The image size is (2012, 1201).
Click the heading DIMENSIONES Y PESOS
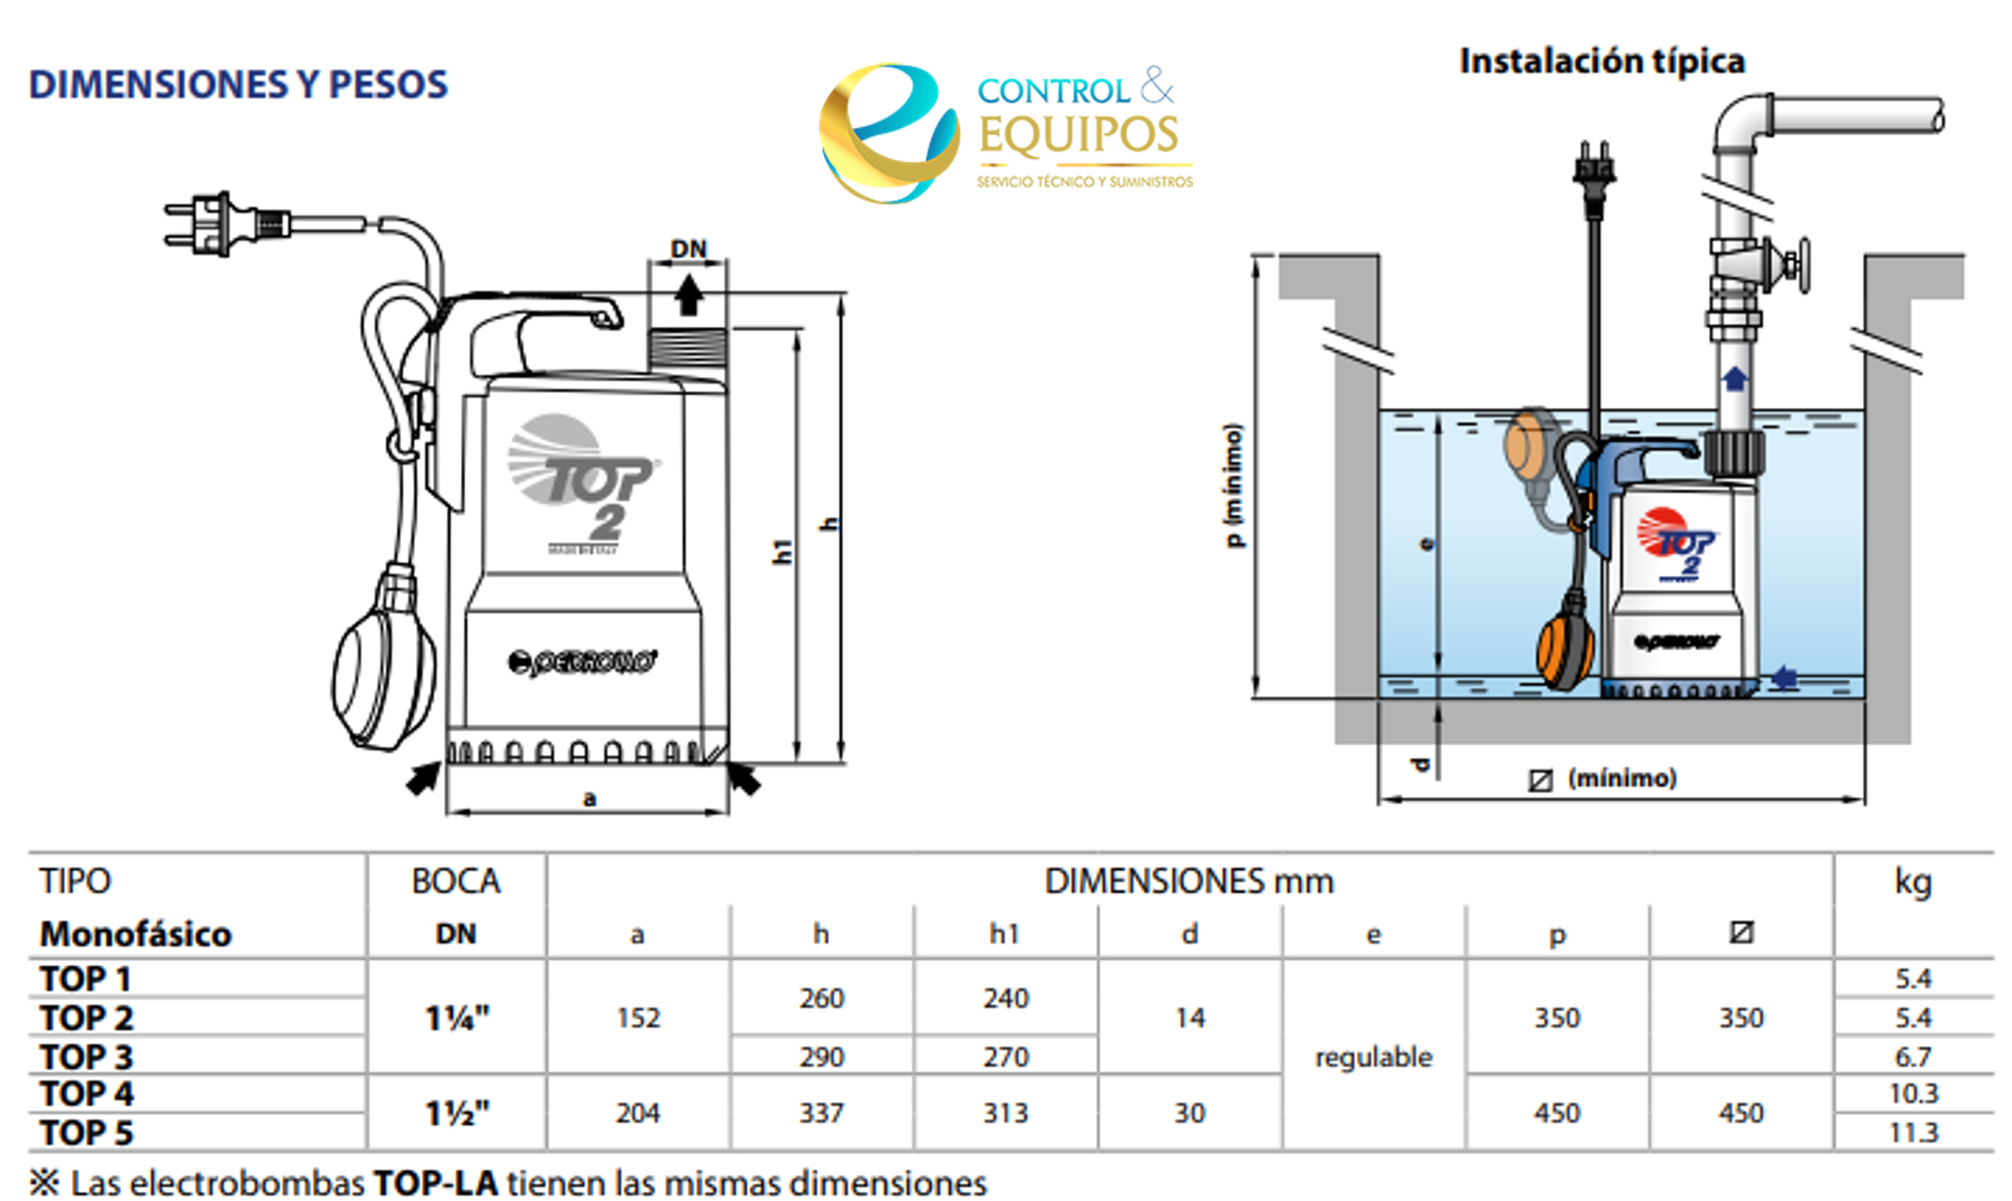point(238,85)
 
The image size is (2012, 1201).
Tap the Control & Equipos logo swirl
point(888,134)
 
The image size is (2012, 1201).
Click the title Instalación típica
point(1602,61)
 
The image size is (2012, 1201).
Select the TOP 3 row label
point(86,1056)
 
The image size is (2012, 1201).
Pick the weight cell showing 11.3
point(1913,1132)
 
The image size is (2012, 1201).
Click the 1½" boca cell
point(457,1112)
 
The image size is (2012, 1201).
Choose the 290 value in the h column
point(821,1056)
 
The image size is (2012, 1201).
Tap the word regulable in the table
point(1373,1056)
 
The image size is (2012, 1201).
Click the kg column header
point(1912,882)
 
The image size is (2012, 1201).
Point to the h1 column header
point(1004,934)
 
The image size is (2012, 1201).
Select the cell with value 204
point(638,1112)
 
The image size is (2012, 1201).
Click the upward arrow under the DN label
point(688,295)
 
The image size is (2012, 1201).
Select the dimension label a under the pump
point(589,798)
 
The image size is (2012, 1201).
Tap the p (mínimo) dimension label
point(1234,485)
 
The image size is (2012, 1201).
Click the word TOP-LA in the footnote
point(435,1183)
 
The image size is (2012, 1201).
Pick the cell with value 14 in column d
point(1189,1017)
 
